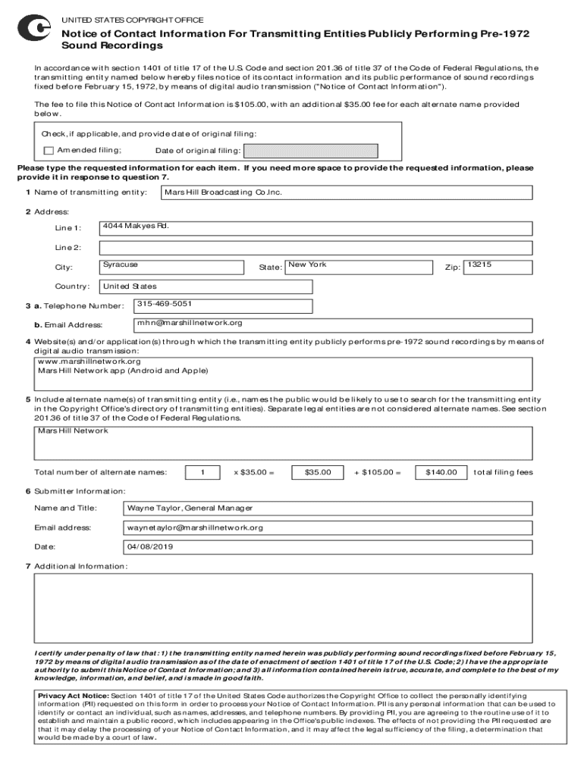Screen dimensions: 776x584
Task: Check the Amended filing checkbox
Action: [x=49, y=150]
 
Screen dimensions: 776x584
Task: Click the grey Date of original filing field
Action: [x=308, y=150]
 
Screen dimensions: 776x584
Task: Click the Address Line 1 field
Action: [x=319, y=227]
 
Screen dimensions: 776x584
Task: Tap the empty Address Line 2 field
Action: [x=319, y=247]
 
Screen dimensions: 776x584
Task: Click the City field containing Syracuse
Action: [x=171, y=267]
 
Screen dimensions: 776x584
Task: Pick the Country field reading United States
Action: [x=206, y=286]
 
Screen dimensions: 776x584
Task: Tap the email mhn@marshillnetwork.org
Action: [x=190, y=323]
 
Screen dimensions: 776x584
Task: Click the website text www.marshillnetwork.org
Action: [x=89, y=361]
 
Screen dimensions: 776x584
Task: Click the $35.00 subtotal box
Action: [x=317, y=472]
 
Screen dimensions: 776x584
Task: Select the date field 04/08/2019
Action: [x=152, y=546]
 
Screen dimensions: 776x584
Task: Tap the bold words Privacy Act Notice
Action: [x=74, y=695]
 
